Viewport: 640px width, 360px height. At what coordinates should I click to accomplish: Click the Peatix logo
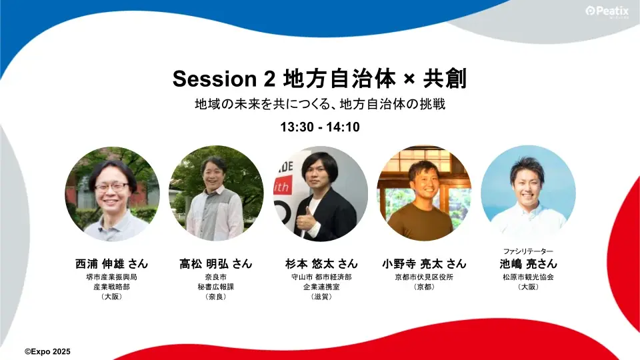tap(607, 11)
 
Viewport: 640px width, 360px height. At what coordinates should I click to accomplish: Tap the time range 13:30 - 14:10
tap(320, 127)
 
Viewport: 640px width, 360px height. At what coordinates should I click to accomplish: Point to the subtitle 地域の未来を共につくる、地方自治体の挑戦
tap(319, 105)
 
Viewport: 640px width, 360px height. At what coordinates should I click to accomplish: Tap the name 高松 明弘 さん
tap(216, 263)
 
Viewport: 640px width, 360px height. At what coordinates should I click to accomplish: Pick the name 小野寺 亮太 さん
tap(424, 263)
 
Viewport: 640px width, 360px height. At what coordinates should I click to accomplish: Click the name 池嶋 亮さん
tap(528, 263)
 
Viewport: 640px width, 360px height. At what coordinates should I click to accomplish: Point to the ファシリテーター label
tap(528, 251)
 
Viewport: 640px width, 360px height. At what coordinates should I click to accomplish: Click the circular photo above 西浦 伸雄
tap(112, 193)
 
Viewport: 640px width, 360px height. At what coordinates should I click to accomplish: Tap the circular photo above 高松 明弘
tap(216, 193)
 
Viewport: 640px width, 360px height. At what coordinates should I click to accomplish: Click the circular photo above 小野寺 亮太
tap(424, 193)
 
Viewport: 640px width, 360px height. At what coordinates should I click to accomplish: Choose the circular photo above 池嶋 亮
tap(528, 193)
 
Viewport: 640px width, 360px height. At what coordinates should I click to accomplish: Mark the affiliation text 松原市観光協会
tap(528, 277)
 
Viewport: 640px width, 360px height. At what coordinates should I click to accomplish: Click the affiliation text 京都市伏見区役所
tap(424, 277)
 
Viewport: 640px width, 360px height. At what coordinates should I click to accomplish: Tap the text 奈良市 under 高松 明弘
tap(216, 277)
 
